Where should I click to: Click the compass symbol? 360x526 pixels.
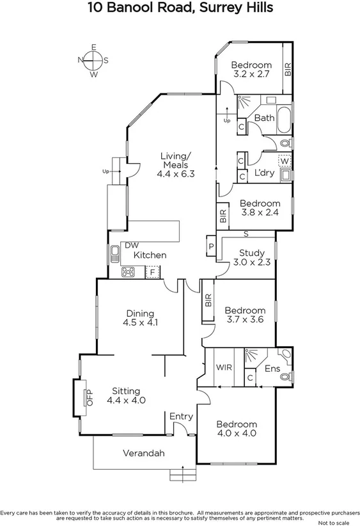93,61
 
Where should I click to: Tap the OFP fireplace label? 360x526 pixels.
90,398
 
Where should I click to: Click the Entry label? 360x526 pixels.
181,417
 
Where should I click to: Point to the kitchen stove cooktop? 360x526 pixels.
129,271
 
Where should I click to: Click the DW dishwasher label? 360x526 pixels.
132,245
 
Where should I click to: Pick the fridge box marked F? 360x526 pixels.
152,272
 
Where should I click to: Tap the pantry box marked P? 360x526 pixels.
210,247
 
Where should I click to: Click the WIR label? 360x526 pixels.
224,368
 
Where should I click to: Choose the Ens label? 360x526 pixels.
271,369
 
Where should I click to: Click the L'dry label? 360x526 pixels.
265,173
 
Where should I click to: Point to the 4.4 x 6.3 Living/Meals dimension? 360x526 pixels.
175,173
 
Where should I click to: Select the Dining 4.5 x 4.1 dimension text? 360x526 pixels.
141,323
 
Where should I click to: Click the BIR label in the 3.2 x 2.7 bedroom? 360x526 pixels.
288,68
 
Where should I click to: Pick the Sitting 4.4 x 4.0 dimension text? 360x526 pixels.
127,400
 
